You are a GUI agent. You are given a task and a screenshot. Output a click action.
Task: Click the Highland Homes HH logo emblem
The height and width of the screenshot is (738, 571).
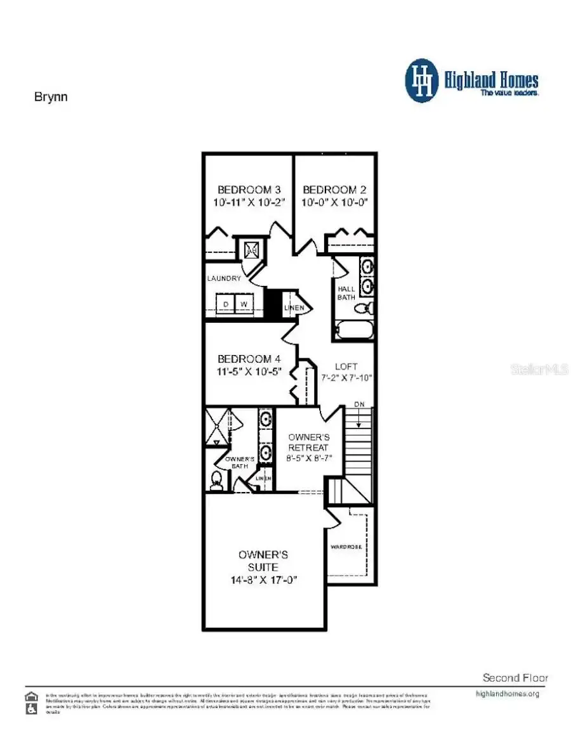[x=422, y=81]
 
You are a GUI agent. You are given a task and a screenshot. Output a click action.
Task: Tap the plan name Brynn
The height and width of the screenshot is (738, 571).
[x=50, y=97]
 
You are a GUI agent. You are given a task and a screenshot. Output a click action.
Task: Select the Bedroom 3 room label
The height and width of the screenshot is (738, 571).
[x=249, y=190]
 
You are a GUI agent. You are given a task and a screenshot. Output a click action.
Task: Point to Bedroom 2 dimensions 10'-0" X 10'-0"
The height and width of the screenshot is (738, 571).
[x=335, y=203]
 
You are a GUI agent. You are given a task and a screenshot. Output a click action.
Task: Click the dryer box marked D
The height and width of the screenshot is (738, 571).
[x=225, y=304]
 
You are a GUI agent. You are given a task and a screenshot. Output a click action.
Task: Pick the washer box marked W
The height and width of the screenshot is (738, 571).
[x=244, y=304]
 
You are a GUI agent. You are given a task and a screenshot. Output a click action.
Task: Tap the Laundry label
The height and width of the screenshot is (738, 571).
[x=224, y=278]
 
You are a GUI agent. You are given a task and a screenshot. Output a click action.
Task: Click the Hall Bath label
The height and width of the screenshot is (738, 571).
[x=346, y=293]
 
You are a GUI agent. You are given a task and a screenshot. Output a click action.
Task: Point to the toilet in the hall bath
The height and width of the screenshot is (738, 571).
[x=363, y=309]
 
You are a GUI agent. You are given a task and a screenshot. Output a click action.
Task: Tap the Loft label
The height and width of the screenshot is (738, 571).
[x=346, y=366]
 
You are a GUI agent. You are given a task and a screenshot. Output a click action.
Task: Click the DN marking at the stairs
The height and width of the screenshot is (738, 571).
[x=360, y=404]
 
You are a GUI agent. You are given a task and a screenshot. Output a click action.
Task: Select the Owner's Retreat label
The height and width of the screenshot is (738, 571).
[x=308, y=443]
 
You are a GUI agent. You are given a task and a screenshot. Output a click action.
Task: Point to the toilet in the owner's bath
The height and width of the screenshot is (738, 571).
[x=217, y=481]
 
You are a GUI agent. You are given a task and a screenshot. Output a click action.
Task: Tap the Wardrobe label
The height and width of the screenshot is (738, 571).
[x=346, y=546]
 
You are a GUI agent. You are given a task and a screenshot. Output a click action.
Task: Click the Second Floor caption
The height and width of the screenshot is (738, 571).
[x=515, y=677]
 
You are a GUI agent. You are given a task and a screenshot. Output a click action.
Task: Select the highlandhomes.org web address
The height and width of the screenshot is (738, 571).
[x=507, y=694]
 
